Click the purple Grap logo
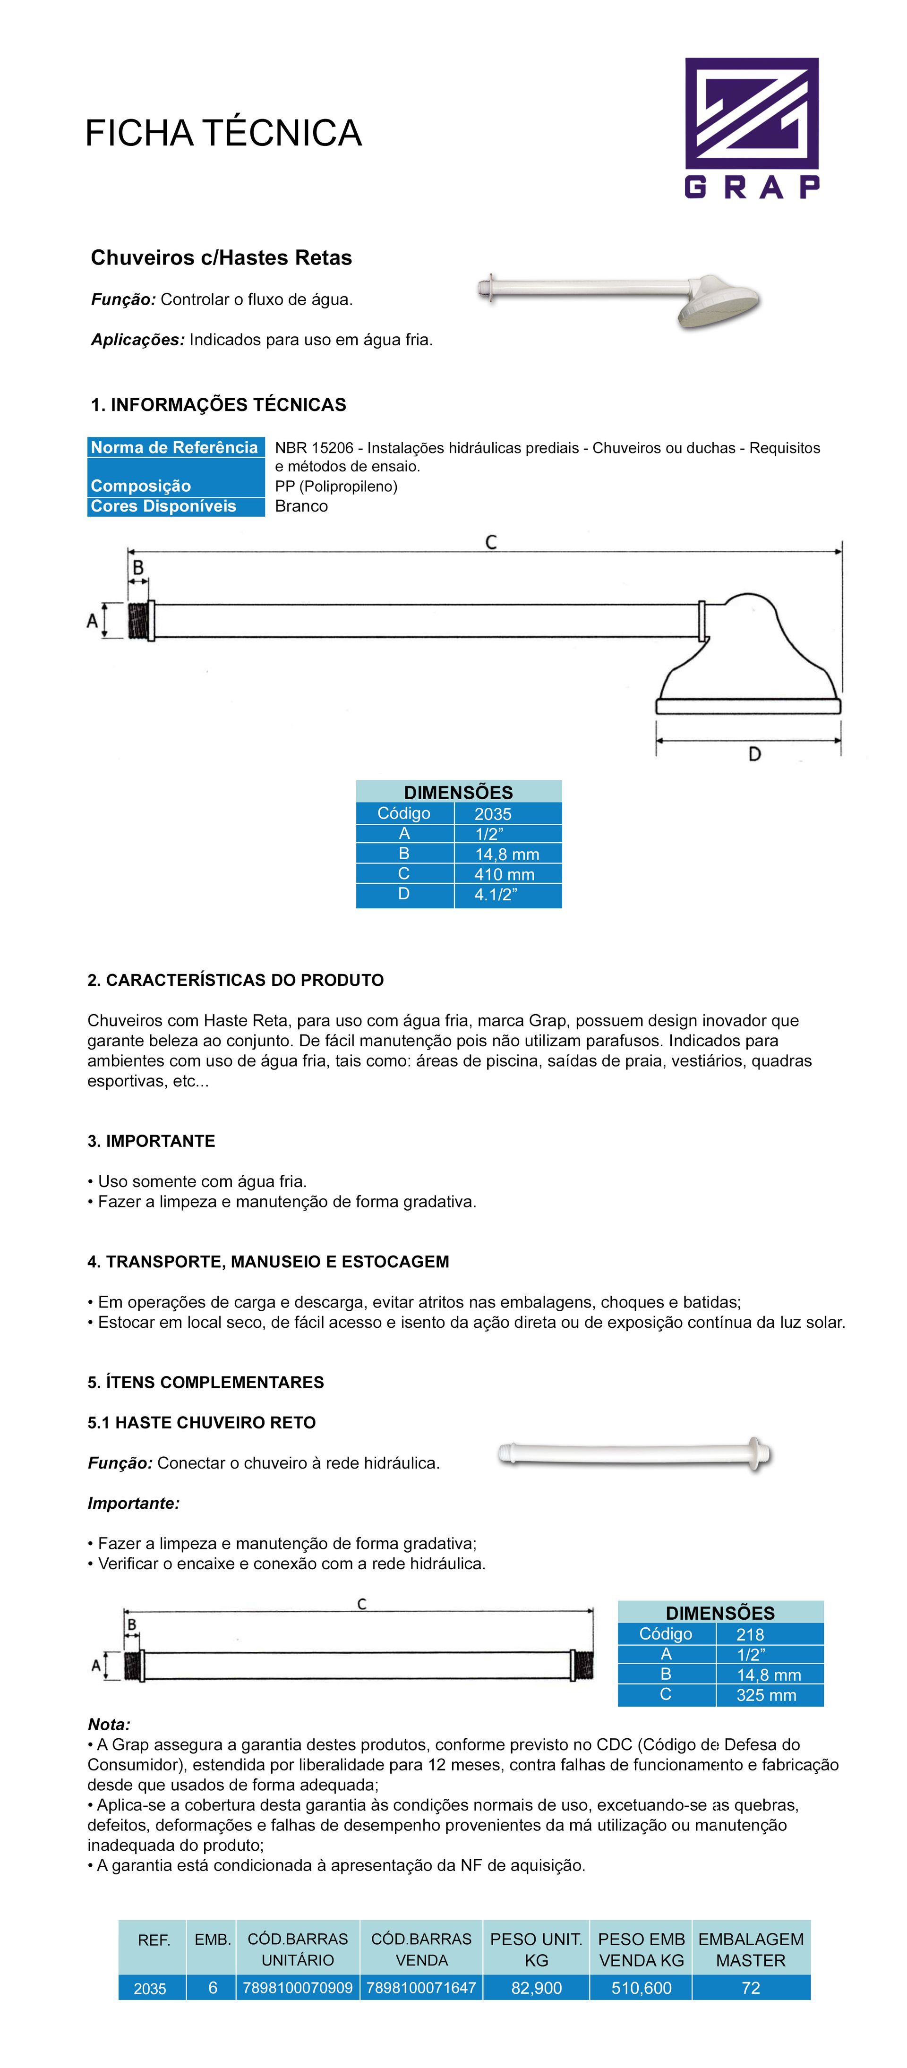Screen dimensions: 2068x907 tap(751, 127)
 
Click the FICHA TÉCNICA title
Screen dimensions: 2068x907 tap(223, 133)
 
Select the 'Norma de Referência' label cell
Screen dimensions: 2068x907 tap(175, 448)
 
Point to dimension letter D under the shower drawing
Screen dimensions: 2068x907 tap(753, 754)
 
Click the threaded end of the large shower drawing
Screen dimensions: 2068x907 tap(139, 621)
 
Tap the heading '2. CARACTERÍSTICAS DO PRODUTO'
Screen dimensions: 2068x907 tap(235, 980)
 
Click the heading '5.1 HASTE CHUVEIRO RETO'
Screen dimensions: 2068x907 tap(201, 1423)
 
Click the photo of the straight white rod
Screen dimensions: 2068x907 tap(634, 1454)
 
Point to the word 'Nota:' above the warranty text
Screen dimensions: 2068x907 tap(109, 1725)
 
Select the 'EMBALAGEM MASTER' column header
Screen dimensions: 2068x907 tap(751, 1949)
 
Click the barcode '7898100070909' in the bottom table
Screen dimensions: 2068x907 tap(298, 1988)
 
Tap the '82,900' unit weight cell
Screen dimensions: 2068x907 tap(536, 1988)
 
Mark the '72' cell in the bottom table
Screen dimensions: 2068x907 tap(751, 1988)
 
